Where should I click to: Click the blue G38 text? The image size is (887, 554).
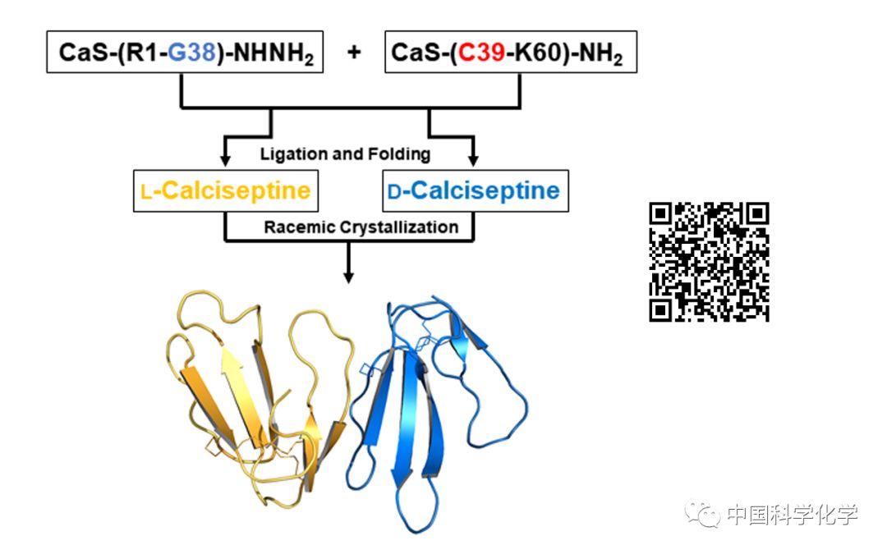(191, 53)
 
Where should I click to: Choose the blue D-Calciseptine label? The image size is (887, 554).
(473, 191)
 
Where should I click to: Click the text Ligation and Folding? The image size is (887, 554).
(345, 153)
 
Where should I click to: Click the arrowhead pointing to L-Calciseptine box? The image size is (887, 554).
(226, 159)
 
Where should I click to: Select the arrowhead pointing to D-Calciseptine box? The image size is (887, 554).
(474, 159)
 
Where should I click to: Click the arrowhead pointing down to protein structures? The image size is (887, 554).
(349, 277)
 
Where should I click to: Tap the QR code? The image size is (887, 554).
(709, 262)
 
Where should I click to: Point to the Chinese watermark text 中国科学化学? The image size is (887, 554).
(792, 515)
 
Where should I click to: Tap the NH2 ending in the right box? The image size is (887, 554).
(601, 55)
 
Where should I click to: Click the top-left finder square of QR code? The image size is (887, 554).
(662, 215)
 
